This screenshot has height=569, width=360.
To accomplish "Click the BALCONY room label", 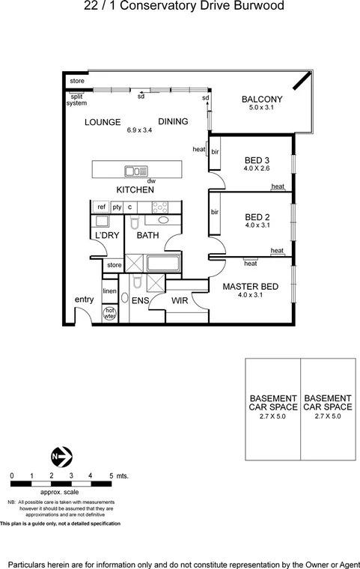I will point(261,100).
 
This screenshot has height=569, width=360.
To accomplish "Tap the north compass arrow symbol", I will point(60,454).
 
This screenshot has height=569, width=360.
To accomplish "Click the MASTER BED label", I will point(251,286).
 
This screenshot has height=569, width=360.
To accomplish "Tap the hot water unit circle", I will point(109,313).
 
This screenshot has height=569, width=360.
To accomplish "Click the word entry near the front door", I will point(84,299).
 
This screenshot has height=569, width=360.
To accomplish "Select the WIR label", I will point(180,301).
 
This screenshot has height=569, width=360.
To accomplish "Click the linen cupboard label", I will point(109,290).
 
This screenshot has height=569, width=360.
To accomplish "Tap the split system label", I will point(77,100).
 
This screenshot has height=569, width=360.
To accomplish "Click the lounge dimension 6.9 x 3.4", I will point(139,130).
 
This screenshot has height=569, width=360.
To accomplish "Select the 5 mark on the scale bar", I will point(111,475).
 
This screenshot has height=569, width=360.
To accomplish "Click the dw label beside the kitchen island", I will point(151,181).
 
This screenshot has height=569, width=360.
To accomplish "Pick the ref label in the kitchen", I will point(101,207).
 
